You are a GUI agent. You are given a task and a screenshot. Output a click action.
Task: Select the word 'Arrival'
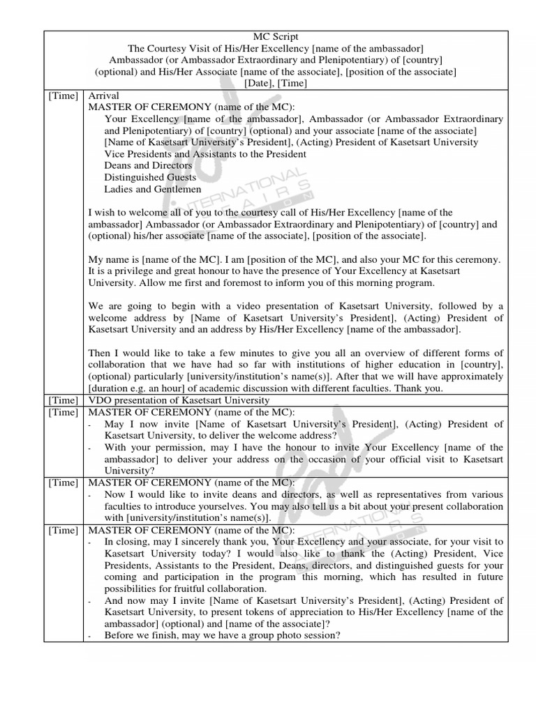pyautogui.click(x=103, y=95)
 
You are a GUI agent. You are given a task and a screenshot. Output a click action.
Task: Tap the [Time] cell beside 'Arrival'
pyautogui.click(x=64, y=95)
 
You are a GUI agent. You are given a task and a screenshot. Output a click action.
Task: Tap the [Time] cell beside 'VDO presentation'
pyautogui.click(x=64, y=400)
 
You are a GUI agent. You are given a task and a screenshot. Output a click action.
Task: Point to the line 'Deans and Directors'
pyautogui.click(x=148, y=165)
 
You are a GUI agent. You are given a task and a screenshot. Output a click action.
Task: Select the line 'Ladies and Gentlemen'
pyautogui.click(x=153, y=189)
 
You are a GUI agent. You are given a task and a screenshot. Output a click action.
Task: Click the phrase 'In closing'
pyautogui.click(x=127, y=541)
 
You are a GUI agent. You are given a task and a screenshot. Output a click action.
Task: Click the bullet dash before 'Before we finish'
pyautogui.click(x=91, y=636)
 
